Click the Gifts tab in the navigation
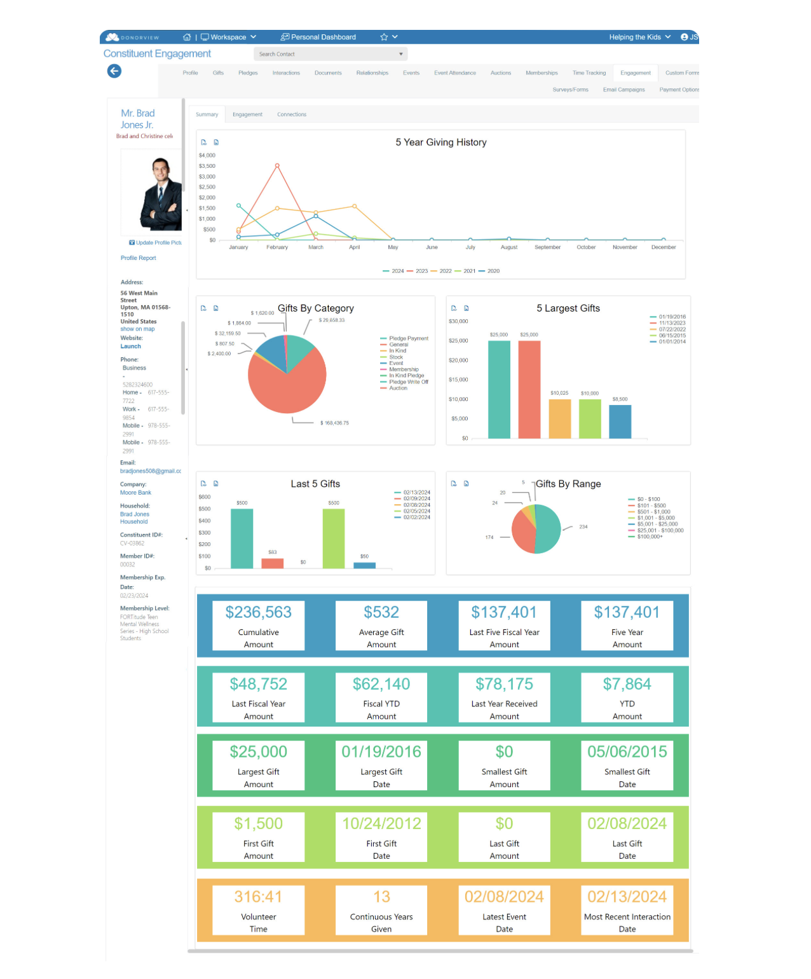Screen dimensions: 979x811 click(x=218, y=73)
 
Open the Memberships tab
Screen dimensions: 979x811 click(x=542, y=73)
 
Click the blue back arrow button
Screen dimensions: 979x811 click(x=114, y=71)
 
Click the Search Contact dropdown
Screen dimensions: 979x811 click(x=331, y=54)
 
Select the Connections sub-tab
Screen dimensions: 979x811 click(x=292, y=114)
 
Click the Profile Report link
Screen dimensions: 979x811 click(x=139, y=258)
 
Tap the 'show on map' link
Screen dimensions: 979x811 click(x=137, y=329)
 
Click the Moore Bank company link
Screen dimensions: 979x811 click(x=135, y=493)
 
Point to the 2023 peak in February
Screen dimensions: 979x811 click(x=277, y=165)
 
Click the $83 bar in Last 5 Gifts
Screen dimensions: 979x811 click(x=273, y=563)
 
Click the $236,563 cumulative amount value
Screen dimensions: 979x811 click(x=259, y=612)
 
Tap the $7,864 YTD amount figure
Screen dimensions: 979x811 click(x=627, y=684)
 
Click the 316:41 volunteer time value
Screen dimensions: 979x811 click(x=259, y=896)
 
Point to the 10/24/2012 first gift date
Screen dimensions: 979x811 click(x=381, y=824)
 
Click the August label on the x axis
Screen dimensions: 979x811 click(x=509, y=247)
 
